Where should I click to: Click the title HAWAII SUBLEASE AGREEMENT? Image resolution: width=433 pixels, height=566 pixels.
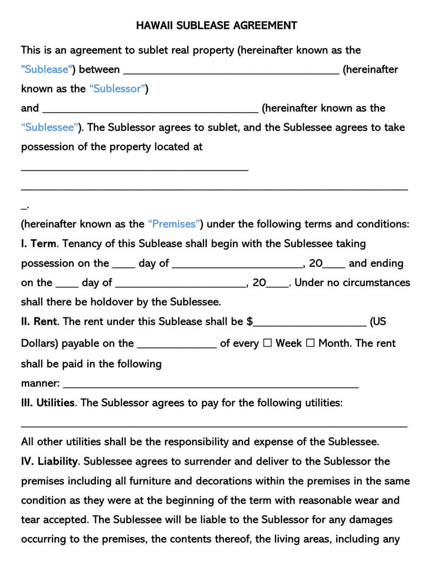[216, 25]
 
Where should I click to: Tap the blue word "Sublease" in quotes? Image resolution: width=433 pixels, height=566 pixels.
[47, 69]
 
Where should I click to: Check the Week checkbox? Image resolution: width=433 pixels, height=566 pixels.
[267, 344]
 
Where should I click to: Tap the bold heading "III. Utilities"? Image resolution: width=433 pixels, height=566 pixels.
[48, 403]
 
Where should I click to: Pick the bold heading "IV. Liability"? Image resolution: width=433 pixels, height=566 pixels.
[50, 462]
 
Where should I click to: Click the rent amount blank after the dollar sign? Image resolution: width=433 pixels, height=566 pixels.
[310, 323]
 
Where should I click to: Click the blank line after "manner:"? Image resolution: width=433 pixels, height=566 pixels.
[211, 385]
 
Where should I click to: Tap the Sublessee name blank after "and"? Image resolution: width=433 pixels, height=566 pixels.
[149, 110]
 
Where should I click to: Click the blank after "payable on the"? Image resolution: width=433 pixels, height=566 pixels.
[177, 346]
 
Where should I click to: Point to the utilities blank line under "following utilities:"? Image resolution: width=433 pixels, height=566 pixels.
[214, 425]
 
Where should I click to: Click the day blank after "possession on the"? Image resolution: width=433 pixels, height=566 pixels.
[123, 266]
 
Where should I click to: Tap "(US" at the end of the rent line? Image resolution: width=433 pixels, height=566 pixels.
[378, 321]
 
